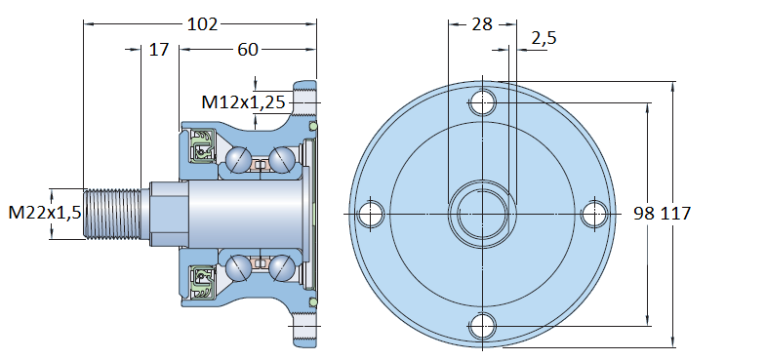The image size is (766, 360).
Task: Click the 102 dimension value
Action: [x=203, y=23]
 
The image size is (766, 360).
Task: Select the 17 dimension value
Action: [x=159, y=49]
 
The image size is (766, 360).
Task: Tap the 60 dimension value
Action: [x=248, y=49]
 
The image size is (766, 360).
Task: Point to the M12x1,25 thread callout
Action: [x=243, y=102]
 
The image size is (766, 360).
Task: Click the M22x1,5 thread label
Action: [x=45, y=213]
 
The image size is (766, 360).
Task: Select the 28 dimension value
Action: [x=482, y=24]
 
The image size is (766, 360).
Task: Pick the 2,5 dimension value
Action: [x=544, y=38]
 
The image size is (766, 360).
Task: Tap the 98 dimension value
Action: [x=644, y=214]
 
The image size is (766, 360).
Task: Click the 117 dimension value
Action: [x=676, y=214]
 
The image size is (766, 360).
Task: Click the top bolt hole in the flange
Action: [x=483, y=103]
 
